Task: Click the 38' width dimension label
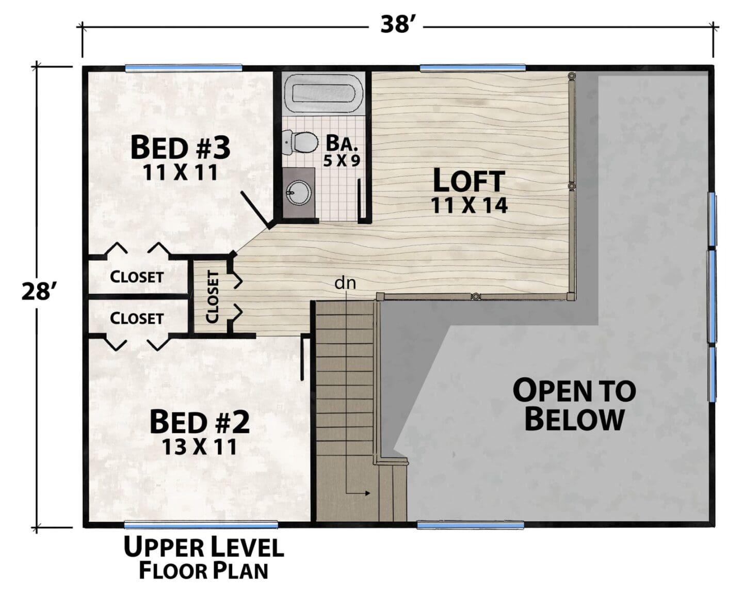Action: [396, 25]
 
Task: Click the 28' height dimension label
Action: [37, 291]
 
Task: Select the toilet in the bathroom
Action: [300, 142]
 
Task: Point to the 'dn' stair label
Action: [345, 283]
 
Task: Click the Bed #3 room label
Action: [180, 148]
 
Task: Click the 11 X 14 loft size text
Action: [469, 205]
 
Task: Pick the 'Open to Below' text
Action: [574, 405]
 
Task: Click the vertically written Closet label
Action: [212, 297]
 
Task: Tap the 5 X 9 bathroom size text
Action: [341, 161]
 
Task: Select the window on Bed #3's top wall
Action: [183, 68]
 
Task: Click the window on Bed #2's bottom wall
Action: [201, 525]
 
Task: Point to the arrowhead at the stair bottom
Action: [367, 493]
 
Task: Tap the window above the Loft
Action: [472, 68]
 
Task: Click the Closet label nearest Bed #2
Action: [137, 318]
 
